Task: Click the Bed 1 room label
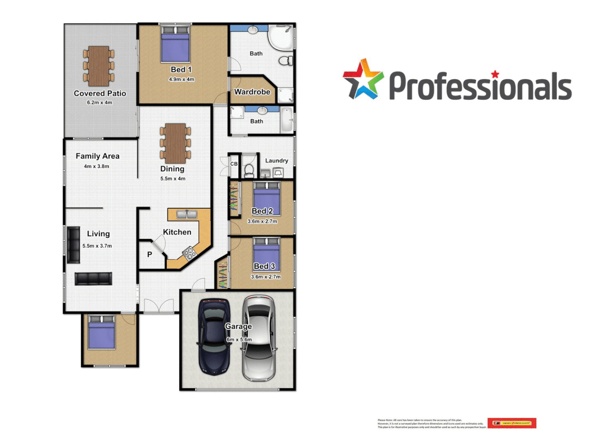pyautogui.click(x=181, y=70)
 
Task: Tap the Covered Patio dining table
pyautogui.click(x=99, y=65)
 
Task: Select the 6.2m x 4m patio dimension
pyautogui.click(x=99, y=103)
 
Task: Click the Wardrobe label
pyautogui.click(x=252, y=92)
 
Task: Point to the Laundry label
pyautogui.click(x=276, y=161)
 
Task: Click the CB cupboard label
pyautogui.click(x=234, y=164)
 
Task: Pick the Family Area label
pyautogui.click(x=98, y=156)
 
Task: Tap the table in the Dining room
pyautogui.click(x=175, y=143)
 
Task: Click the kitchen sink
pyautogui.click(x=187, y=214)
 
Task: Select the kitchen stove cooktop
pyautogui.click(x=189, y=253)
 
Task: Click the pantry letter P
pyautogui.click(x=149, y=255)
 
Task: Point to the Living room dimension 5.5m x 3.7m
pyautogui.click(x=97, y=246)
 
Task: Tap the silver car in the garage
pyautogui.click(x=259, y=337)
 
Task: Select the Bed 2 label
pyautogui.click(x=262, y=211)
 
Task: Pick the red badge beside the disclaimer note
pyautogui.click(x=512, y=423)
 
